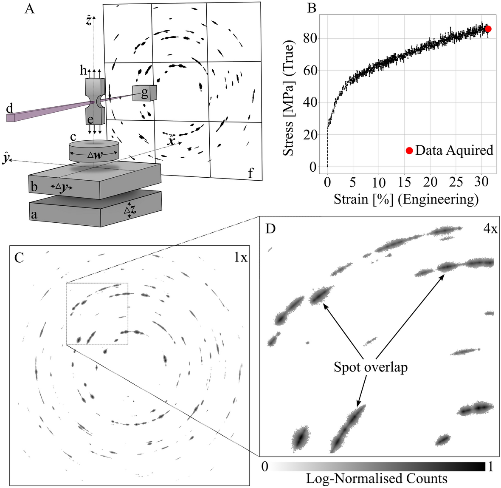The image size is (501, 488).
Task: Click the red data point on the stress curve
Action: point(488,29)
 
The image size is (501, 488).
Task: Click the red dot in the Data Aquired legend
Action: point(409,150)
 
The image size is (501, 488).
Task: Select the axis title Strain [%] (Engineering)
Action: point(406,199)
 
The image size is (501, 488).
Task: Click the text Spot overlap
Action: point(371,367)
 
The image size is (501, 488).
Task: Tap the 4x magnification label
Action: point(490,230)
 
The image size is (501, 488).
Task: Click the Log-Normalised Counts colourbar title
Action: point(377,479)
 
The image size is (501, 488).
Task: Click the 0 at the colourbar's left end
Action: point(265,467)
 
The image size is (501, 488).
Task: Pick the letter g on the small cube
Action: point(144,93)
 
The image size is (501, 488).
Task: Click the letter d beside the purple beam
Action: point(9,109)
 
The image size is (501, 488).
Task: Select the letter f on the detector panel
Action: point(251,173)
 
